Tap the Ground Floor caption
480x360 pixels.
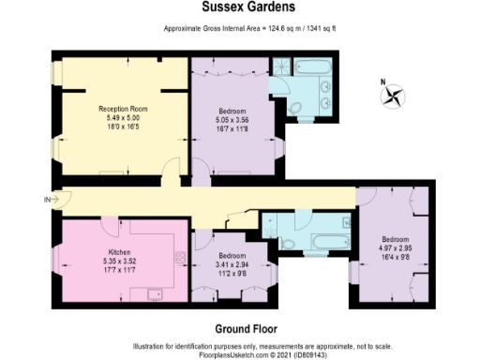(242, 328)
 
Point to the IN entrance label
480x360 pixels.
(48, 199)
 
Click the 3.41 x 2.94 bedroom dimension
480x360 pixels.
(230, 264)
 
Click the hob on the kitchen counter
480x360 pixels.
(177, 255)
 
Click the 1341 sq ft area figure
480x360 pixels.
(318, 29)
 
